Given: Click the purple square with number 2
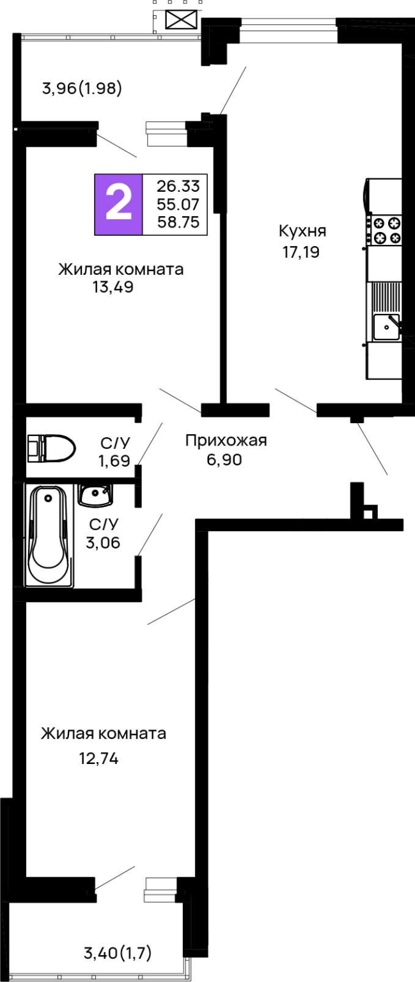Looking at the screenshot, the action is (x=118, y=205).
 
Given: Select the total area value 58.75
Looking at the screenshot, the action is (x=178, y=222).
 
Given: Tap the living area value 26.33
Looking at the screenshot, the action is (x=178, y=186).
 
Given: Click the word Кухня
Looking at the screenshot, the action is (x=302, y=231).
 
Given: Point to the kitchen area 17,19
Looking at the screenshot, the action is (x=301, y=252).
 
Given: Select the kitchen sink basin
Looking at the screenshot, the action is (x=386, y=327).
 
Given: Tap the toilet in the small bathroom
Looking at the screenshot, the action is (x=51, y=448).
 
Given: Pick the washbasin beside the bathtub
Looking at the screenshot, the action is (x=95, y=494).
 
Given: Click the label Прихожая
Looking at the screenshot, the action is (x=226, y=440).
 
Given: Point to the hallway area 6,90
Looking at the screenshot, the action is (x=224, y=460).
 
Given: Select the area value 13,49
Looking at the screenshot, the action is (x=113, y=287).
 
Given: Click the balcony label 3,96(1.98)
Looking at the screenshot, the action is (x=82, y=89).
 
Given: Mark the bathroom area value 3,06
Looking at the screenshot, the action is (x=103, y=543).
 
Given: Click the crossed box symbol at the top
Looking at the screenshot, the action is (x=182, y=20).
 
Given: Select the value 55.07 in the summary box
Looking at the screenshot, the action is (x=178, y=205).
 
